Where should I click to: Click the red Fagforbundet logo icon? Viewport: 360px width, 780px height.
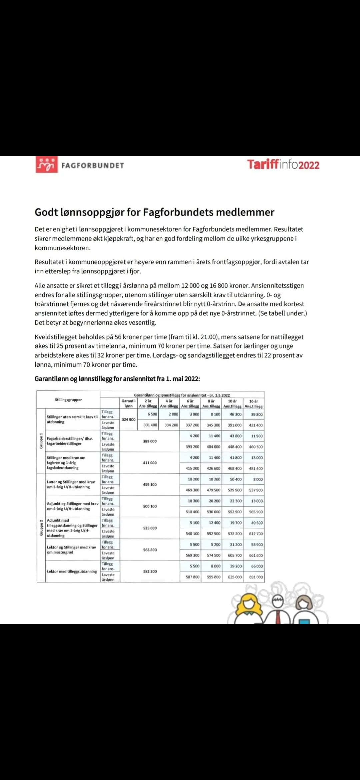click(x=46, y=165)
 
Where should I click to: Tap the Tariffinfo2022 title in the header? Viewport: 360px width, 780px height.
click(x=283, y=165)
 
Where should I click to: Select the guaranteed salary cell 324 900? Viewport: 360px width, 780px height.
click(x=129, y=419)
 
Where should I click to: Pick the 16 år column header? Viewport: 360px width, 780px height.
click(x=253, y=403)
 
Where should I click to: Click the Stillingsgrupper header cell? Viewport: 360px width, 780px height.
click(x=68, y=400)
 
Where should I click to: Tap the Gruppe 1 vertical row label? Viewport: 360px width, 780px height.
click(x=41, y=441)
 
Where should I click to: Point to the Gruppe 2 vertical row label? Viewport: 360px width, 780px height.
click(x=41, y=527)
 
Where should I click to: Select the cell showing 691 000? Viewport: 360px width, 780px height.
click(x=256, y=577)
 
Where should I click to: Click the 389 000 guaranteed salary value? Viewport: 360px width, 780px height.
click(x=150, y=441)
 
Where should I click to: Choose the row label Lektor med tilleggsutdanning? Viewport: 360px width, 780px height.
click(x=72, y=571)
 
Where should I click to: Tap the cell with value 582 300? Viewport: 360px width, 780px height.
click(x=150, y=571)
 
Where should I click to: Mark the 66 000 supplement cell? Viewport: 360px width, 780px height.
click(x=257, y=566)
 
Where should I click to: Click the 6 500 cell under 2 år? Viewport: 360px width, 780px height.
click(x=152, y=414)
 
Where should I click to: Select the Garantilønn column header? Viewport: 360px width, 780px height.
click(x=129, y=403)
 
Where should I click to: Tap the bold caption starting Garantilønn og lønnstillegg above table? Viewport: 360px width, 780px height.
click(x=117, y=379)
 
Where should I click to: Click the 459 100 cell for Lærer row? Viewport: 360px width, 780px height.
click(x=150, y=484)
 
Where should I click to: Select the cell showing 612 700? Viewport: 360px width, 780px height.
click(x=256, y=534)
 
